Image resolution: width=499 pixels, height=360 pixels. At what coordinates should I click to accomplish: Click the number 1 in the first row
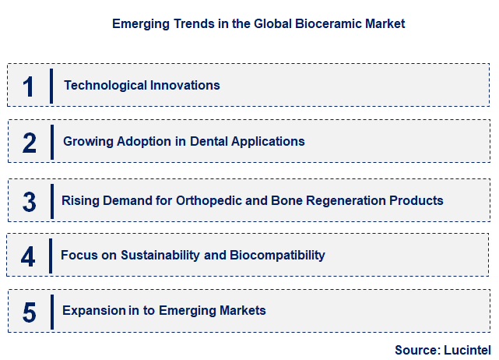coord(29,86)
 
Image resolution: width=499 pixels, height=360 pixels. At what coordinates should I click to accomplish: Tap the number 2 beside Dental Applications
coord(30,143)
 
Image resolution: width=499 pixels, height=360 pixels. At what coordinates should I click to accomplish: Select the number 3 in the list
coord(29,202)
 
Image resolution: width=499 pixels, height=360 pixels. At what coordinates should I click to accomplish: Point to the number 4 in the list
coord(28,256)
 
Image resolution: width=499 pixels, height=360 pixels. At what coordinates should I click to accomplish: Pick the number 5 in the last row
coord(30,312)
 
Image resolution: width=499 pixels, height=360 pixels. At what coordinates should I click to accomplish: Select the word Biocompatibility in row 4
coord(277,255)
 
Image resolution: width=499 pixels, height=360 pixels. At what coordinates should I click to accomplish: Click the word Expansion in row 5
coord(94,310)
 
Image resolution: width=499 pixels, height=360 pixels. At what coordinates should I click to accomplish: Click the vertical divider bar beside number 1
coord(51,86)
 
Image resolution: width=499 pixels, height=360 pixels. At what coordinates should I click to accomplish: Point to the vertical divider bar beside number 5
coord(51,312)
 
